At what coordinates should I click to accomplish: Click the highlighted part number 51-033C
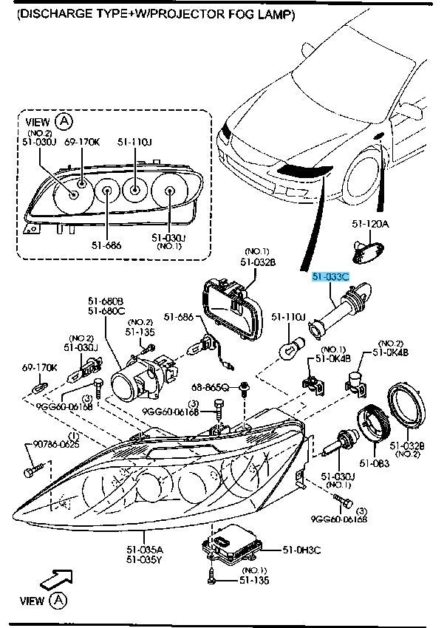coord(330,277)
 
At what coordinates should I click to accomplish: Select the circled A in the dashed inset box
coord(66,121)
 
